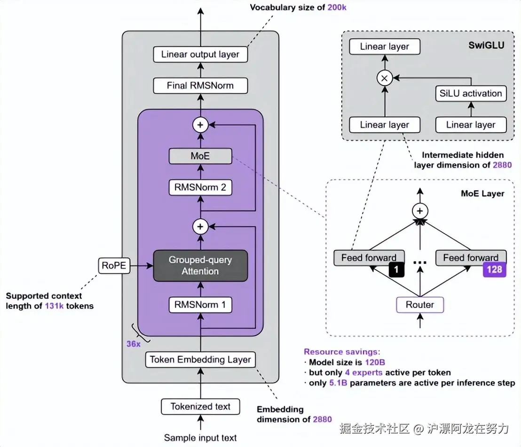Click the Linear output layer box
[200, 54]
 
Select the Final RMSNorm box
[200, 86]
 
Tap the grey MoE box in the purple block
[200, 156]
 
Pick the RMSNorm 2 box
[200, 188]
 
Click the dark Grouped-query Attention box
[200, 266]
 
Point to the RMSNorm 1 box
[200, 305]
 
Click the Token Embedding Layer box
[200, 360]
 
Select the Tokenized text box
[200, 407]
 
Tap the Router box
[420, 305]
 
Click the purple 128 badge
[494, 270]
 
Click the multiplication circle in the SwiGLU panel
[384, 78]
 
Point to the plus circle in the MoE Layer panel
[420, 211]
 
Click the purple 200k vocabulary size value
[337, 8]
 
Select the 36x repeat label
[133, 344]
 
